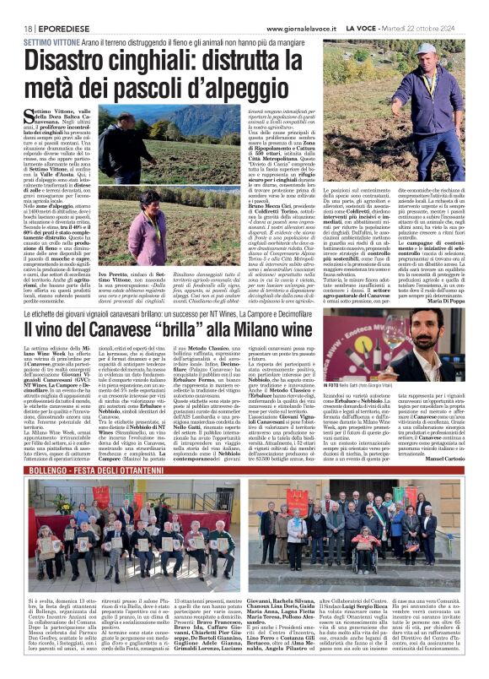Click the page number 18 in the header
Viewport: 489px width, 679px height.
[x=17, y=7]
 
